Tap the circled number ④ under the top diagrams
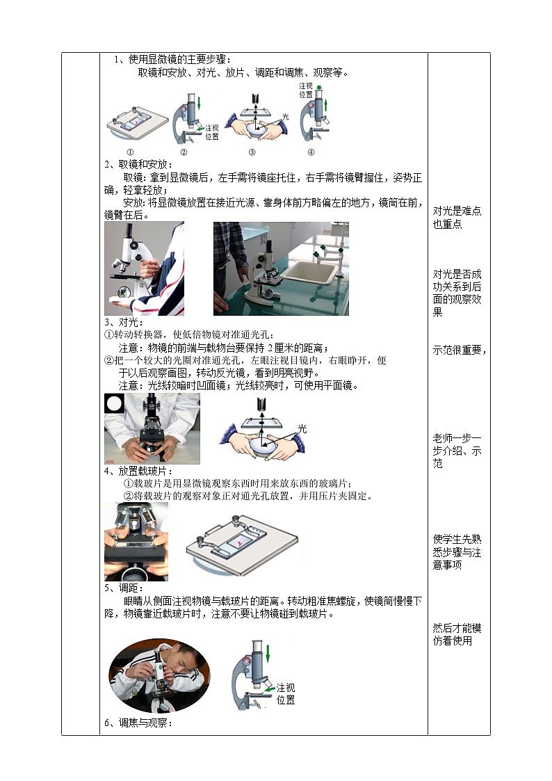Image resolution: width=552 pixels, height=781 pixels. pos(311,152)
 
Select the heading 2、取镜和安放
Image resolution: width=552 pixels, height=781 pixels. pos(137,165)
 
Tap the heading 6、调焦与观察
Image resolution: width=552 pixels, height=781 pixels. pos(139,723)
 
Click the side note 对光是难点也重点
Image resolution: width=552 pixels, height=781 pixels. pos(457,218)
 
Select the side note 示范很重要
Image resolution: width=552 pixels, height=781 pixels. pos(460,351)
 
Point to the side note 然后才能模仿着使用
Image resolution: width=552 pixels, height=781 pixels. pos(457,634)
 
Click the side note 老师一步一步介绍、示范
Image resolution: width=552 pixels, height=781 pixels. pos(457,451)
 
